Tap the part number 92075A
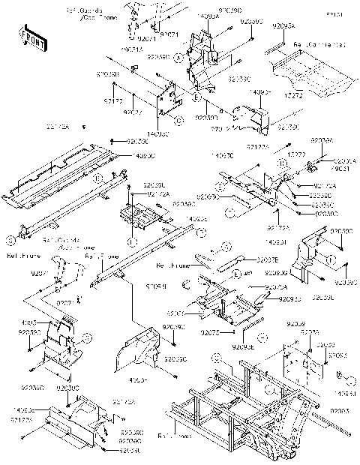tap(276, 286)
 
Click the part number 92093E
tap(243, 346)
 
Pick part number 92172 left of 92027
tap(113, 100)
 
